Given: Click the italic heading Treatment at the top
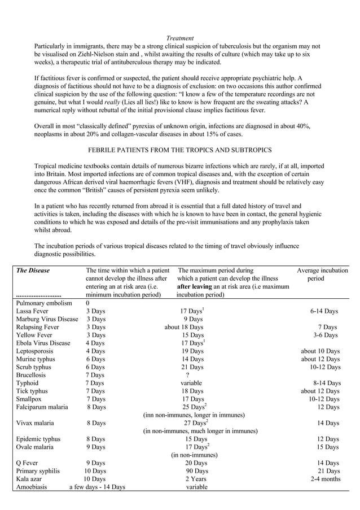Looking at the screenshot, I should [180, 38].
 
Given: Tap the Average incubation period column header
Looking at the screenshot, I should [322, 274].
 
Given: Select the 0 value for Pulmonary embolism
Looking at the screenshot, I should [87, 303].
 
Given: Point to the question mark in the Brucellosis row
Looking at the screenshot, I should [187, 374].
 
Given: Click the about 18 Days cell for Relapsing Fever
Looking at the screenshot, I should [183, 327].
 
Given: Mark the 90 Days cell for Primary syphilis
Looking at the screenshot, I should [196, 470].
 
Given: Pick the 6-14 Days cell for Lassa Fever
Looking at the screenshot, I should [324, 311].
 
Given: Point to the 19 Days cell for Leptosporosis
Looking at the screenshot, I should [194, 351].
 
